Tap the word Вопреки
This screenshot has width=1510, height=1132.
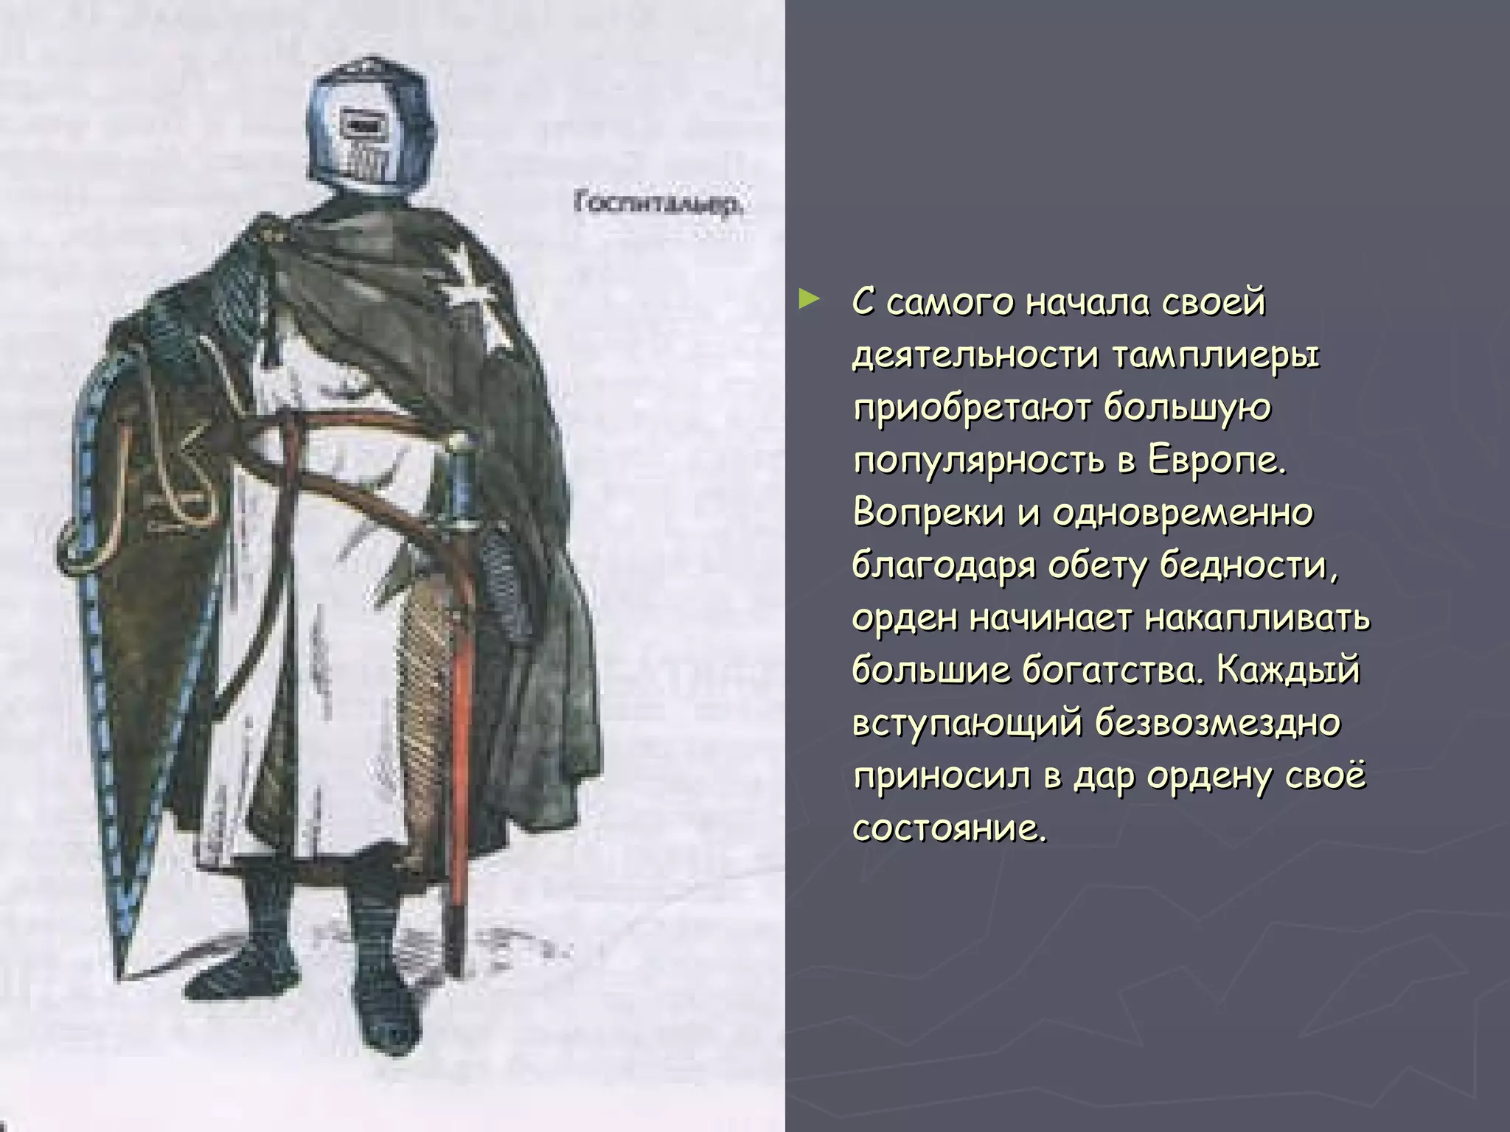tap(928, 514)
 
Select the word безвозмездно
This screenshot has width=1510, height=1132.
tap(1217, 723)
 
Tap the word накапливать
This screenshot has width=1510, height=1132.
tap(1258, 618)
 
